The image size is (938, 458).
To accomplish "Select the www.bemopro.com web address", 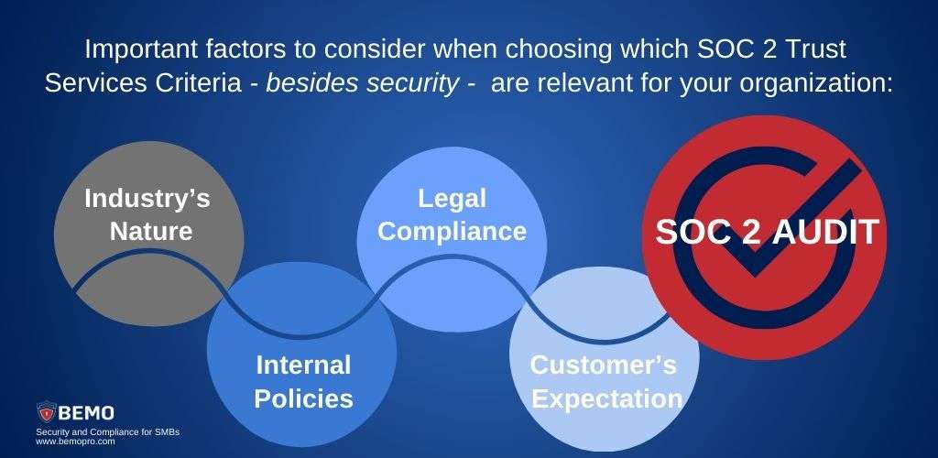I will coord(75,441).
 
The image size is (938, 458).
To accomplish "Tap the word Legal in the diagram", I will coord(452,198).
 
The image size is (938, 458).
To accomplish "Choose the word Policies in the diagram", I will coord(303,398).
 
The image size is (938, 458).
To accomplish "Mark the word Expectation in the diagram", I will coord(607,398).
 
